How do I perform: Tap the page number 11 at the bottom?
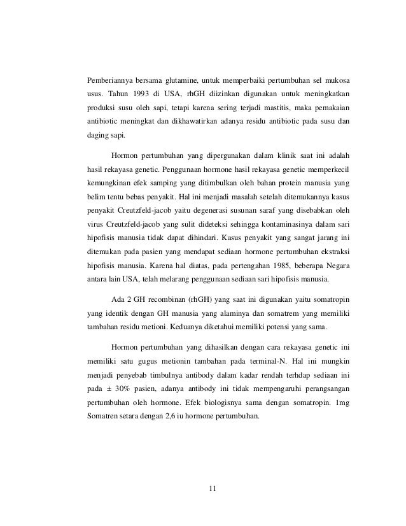[x=213, y=488]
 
